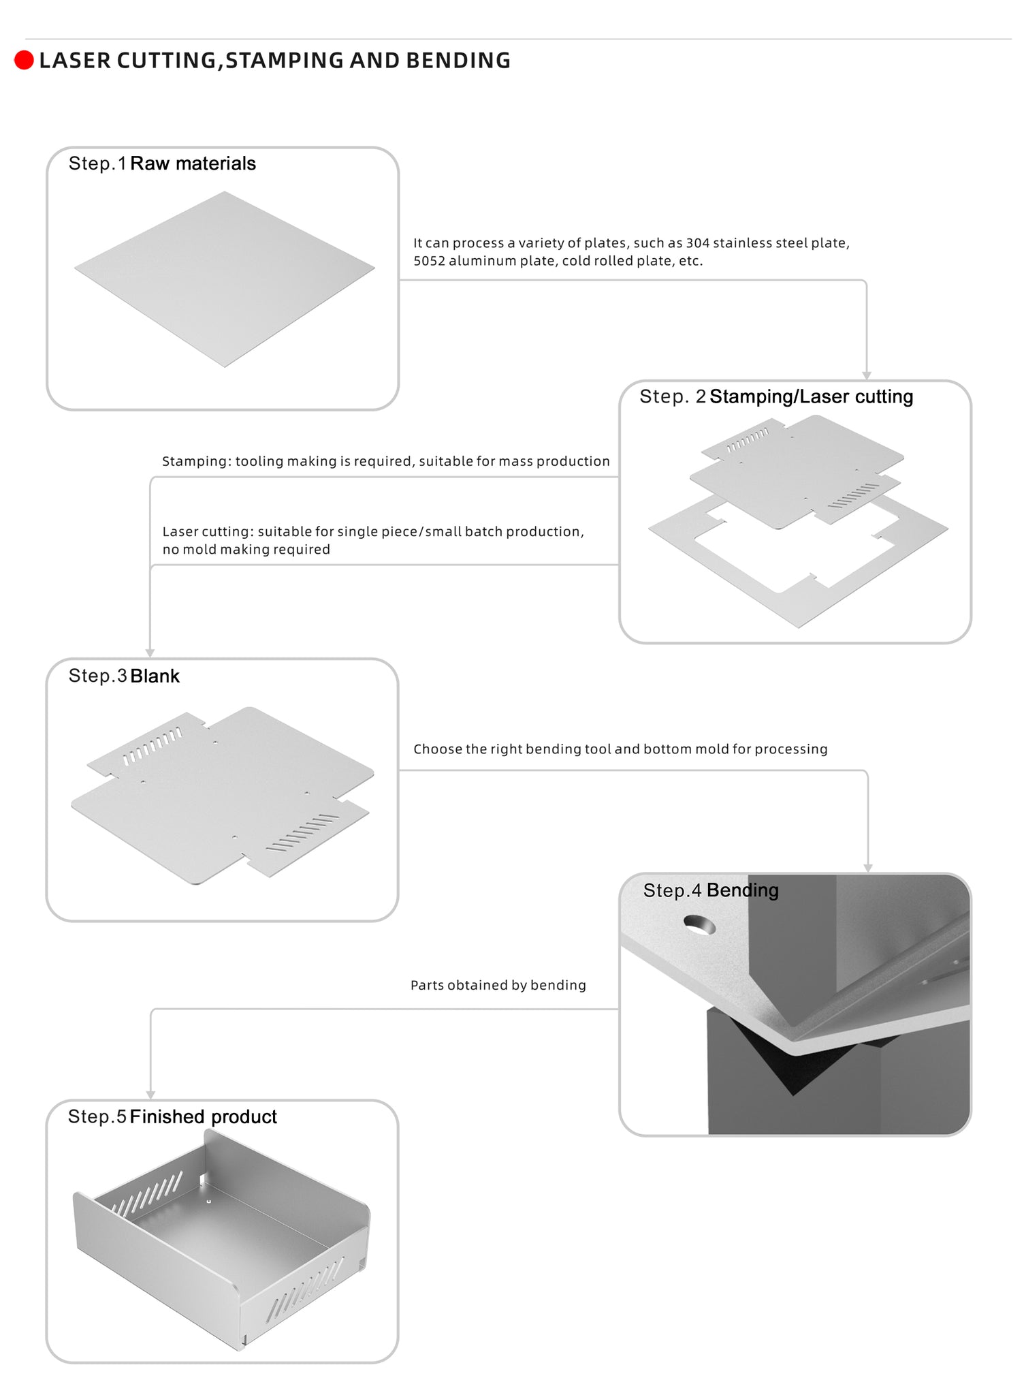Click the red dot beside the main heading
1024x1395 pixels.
coord(24,61)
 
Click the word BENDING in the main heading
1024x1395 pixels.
coord(458,61)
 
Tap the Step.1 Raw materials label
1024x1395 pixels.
coord(162,163)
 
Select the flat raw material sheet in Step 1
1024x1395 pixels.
coord(225,279)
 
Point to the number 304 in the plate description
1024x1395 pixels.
coord(698,243)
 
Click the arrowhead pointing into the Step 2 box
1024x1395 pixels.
coord(867,375)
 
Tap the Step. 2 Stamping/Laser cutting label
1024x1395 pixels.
coord(776,396)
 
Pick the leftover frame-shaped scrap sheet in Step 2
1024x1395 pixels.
coord(799,559)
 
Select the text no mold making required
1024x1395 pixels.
coord(246,550)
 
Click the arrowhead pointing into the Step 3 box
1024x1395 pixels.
coord(150,653)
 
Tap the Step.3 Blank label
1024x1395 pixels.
coord(124,676)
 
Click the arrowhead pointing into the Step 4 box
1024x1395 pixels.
coord(868,868)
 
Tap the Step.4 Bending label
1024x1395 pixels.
coord(711,890)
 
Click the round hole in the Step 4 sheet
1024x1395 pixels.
coord(700,925)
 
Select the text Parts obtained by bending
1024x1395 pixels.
coord(498,986)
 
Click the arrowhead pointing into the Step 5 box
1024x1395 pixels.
coord(150,1095)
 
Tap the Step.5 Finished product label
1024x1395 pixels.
coord(172,1116)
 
